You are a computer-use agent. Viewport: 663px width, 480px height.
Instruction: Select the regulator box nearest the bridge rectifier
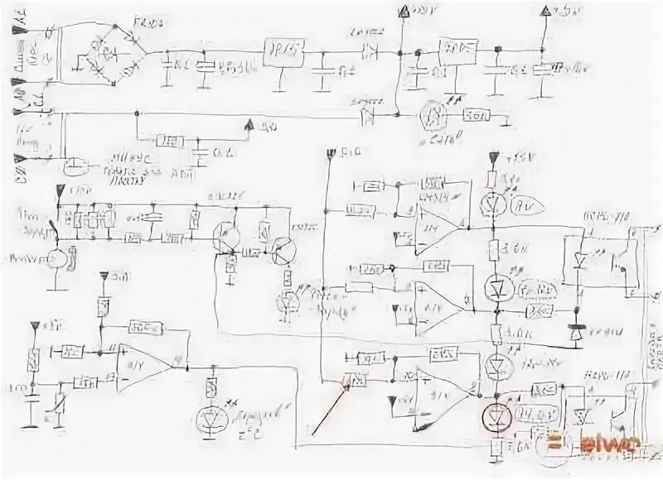(x=282, y=51)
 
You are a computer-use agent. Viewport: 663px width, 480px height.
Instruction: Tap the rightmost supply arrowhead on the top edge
(x=544, y=11)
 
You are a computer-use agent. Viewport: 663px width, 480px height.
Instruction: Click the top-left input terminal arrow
(x=18, y=31)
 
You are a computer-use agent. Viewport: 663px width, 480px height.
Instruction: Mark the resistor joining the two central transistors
(x=253, y=250)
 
